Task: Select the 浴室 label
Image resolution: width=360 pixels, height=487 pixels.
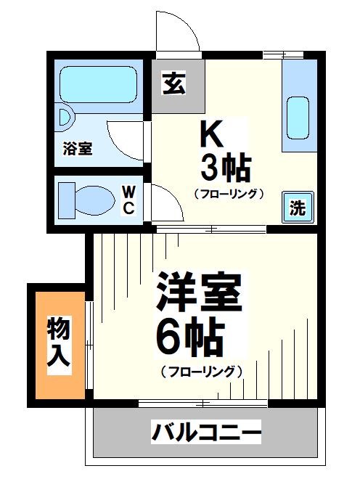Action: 77,149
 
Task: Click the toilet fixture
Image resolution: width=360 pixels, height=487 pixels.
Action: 87,197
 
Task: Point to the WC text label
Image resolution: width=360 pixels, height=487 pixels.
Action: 128,199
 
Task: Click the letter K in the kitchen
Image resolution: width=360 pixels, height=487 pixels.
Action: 211,135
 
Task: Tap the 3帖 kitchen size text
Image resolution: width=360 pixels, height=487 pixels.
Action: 226,169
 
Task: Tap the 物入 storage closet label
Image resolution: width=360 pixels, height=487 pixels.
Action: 60,345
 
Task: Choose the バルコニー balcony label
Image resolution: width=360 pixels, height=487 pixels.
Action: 206,434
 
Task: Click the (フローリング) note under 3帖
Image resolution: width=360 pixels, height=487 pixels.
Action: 228,194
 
